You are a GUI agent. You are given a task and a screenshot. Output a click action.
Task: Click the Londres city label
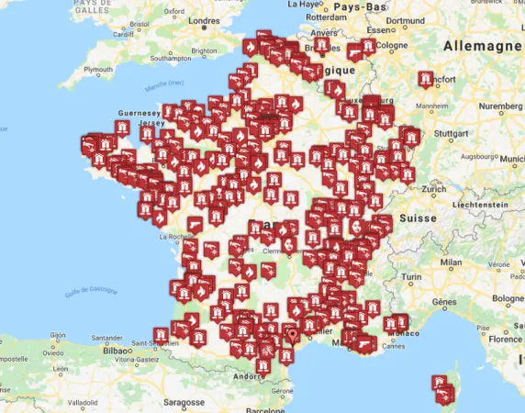pyautogui.click(x=204, y=20)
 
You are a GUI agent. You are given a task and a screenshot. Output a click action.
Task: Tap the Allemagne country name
pyautogui.click(x=483, y=46)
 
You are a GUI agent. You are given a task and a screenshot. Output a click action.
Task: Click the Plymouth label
pyautogui.click(x=99, y=70)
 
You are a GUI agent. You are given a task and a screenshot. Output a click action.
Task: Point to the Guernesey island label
pyautogui.click(x=139, y=113)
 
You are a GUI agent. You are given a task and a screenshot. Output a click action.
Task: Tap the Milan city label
pyautogui.click(x=451, y=262)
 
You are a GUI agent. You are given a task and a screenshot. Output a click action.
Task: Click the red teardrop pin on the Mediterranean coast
pyautogui.click(x=292, y=336)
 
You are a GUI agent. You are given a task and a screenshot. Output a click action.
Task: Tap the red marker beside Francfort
pyautogui.click(x=425, y=81)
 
